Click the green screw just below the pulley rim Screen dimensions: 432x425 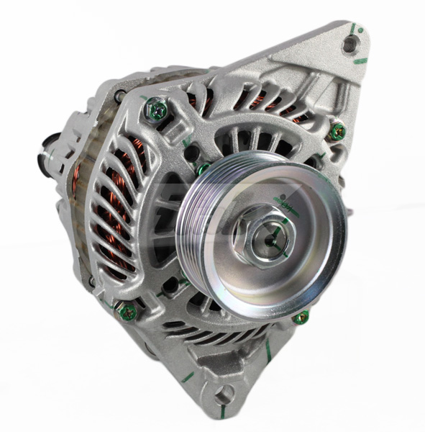(x=301, y=318)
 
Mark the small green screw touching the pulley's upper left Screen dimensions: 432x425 (x=204, y=169)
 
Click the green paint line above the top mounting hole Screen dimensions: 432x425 (x=354, y=30)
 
